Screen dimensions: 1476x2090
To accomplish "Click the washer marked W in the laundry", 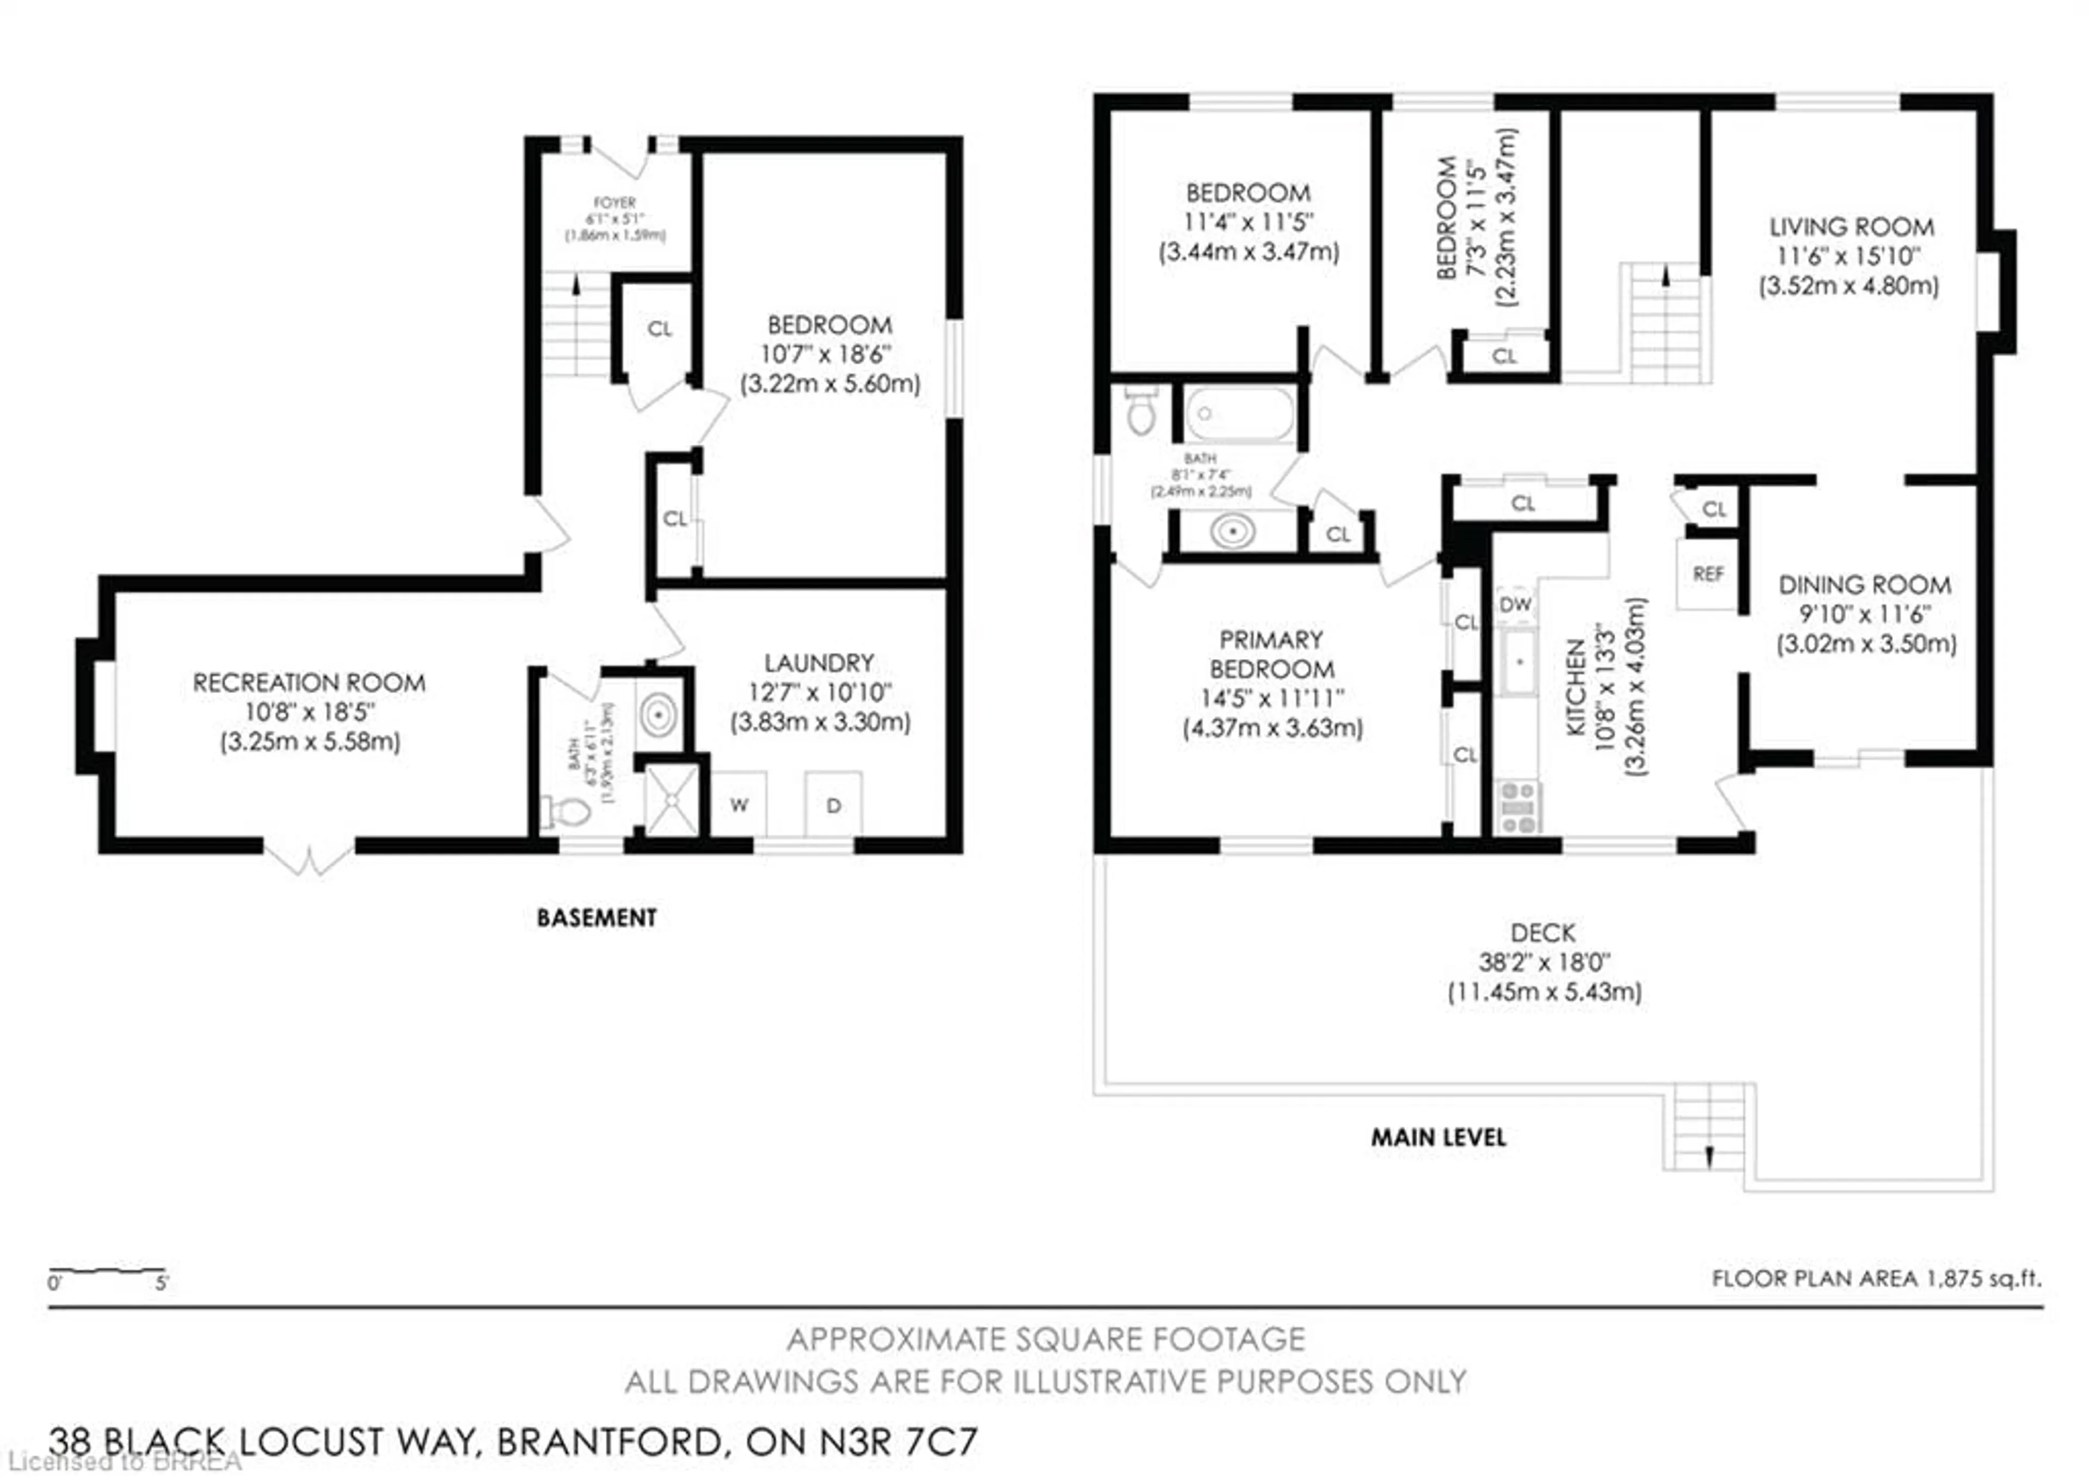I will pos(738,804).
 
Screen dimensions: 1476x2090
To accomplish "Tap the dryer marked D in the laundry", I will pos(833,804).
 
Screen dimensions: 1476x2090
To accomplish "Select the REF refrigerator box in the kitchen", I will pos(1708,574).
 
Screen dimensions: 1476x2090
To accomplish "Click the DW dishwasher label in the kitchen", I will pos(1515,604).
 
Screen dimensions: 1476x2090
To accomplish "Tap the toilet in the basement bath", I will pos(569,810).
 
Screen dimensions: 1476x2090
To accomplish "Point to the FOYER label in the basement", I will pos(614,202).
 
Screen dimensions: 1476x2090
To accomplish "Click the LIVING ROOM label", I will pos(1851,226).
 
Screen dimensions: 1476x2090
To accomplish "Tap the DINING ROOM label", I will pos(1864,585).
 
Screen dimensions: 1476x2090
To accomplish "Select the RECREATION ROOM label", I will pos(309,683).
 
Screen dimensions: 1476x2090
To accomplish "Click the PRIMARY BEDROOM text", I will pos(1271,654).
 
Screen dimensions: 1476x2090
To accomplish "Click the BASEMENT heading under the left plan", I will pos(596,918).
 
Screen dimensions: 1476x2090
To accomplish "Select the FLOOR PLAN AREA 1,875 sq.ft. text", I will pos(1876,1278).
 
